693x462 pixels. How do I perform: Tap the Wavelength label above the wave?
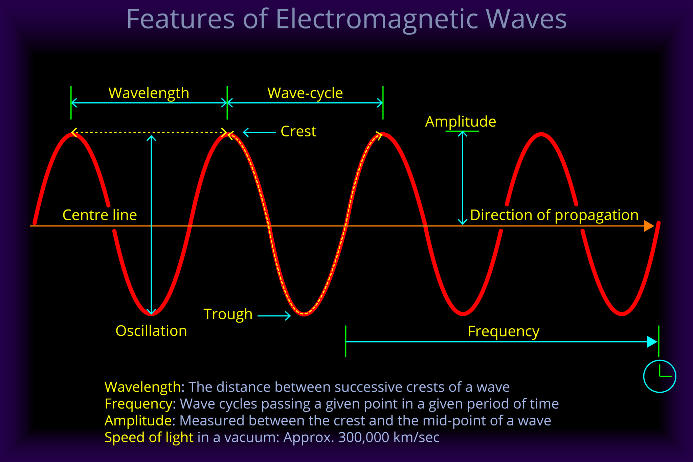pos(149,93)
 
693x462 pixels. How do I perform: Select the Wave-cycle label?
pos(305,93)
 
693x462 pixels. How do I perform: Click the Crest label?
pos(298,131)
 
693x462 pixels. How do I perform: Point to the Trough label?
pos(228,314)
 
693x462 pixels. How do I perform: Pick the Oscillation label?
pos(151,331)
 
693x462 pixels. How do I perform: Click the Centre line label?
pos(99,215)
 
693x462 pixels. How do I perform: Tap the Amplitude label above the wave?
pos(460,122)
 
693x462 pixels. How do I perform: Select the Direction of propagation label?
pos(554,215)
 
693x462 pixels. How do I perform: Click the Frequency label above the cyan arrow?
pos(503,331)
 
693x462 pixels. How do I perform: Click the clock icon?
pos(659,376)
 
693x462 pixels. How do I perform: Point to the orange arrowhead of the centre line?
pos(648,226)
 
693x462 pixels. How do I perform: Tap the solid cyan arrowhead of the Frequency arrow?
pos(652,342)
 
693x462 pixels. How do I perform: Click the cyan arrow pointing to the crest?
pos(259,132)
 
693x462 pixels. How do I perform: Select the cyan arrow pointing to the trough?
pos(274,316)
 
